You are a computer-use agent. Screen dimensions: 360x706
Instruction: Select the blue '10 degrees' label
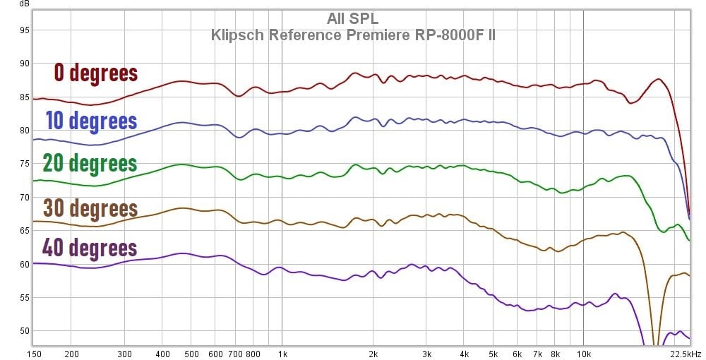point(91,121)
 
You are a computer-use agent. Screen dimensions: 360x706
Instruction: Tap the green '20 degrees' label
point(90,163)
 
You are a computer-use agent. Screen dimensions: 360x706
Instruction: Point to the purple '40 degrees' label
point(89,248)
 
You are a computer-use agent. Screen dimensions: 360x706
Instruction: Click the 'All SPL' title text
point(352,18)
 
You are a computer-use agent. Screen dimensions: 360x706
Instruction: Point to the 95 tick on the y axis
point(24,30)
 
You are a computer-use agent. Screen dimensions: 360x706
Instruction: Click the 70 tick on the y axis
point(24,198)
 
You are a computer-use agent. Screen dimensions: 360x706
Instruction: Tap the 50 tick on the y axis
point(24,331)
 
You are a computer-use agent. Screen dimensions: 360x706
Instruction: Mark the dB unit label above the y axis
point(24,4)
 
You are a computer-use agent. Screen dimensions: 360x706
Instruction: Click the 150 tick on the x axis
point(33,354)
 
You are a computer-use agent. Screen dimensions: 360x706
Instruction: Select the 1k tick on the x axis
point(282,354)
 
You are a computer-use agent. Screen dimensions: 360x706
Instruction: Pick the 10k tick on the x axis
point(584,354)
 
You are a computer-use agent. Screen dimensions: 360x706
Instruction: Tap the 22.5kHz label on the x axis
point(686,354)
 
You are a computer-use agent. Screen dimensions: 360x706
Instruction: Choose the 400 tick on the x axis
point(162,354)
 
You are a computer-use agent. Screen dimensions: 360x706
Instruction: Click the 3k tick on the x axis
point(426,354)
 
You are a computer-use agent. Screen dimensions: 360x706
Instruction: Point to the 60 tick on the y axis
point(24,265)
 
